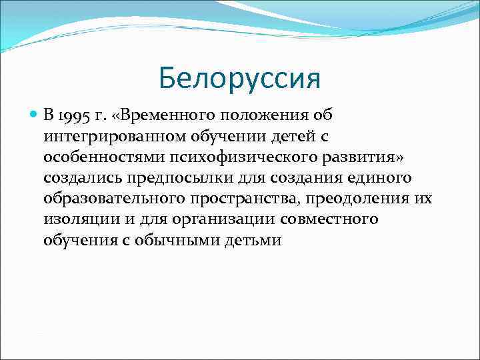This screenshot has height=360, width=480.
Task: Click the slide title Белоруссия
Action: pyautogui.click(x=240, y=79)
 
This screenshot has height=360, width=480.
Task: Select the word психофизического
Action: pyautogui.click(x=229, y=156)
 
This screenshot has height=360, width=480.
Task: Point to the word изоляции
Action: pyautogui.click(x=77, y=219)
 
